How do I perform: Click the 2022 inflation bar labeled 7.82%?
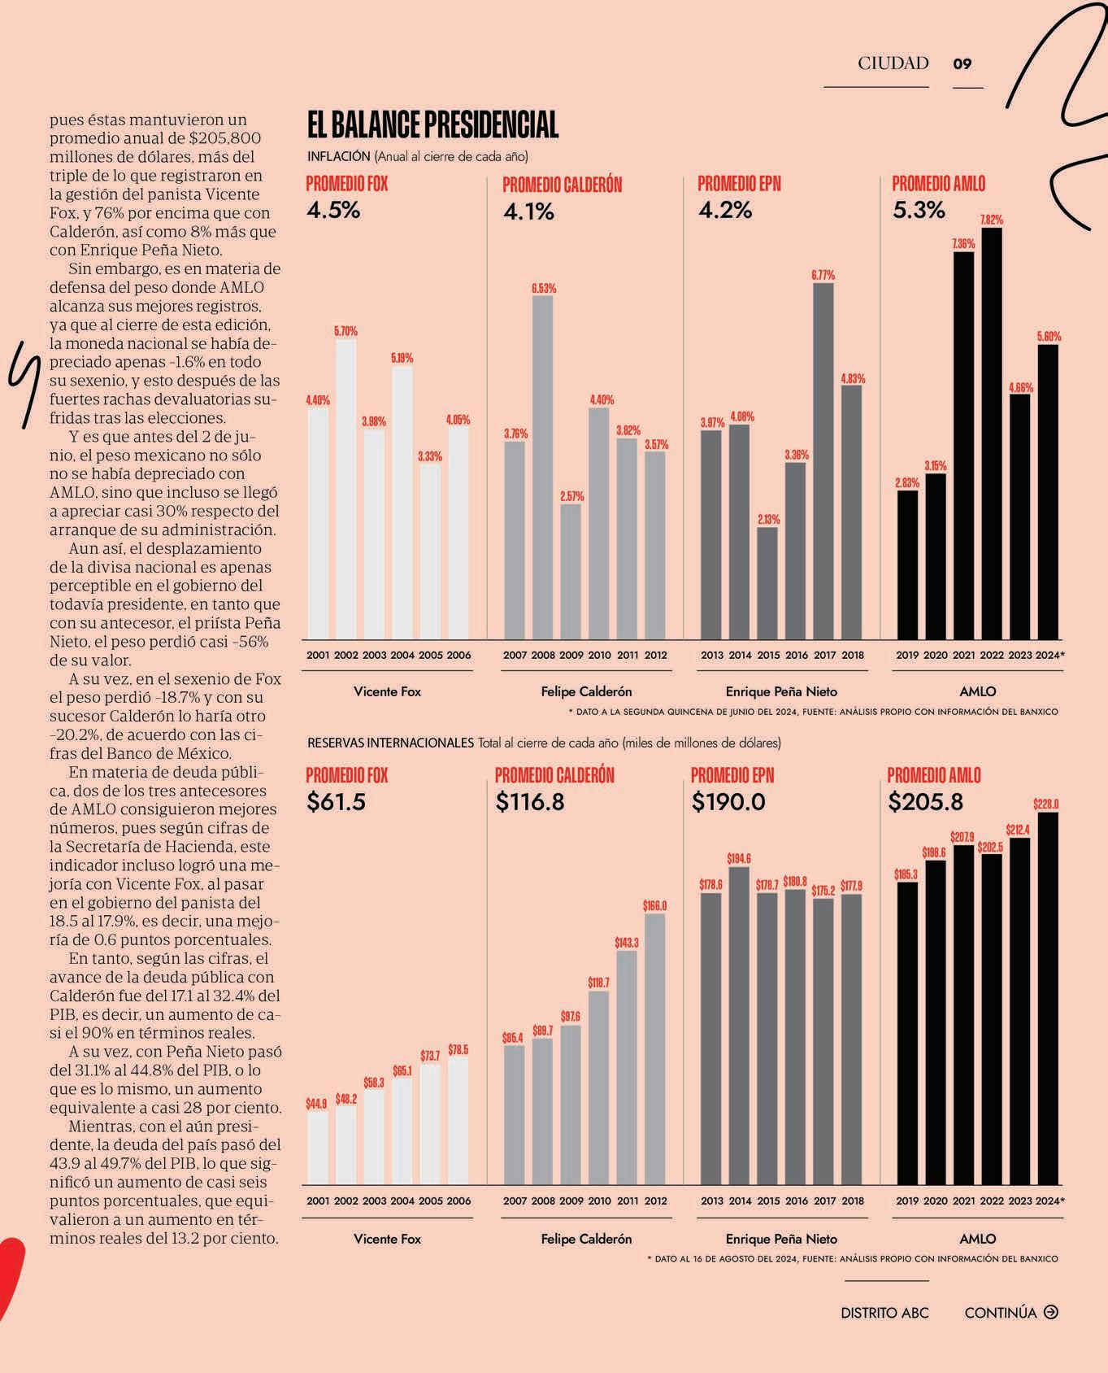coord(992,434)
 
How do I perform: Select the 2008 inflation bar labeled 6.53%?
coord(543,468)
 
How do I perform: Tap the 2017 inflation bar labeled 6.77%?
coord(823,461)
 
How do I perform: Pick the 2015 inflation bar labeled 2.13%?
coord(767,583)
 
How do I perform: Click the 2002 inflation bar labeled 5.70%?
coord(345,490)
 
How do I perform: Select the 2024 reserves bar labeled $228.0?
coord(1049,999)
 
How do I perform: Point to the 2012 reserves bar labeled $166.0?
coord(655,1049)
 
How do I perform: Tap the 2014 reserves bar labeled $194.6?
coord(740,1026)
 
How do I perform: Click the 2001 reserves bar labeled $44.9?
coord(318,1149)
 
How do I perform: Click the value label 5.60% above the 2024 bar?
coord(1049,337)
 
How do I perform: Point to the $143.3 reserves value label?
coord(627,942)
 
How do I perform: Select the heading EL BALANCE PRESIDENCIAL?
coord(432,125)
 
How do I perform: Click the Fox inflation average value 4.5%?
coord(333,210)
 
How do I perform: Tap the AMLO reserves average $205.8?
coord(925,802)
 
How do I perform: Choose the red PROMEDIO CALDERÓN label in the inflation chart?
coord(563,185)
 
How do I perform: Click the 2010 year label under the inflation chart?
coord(599,655)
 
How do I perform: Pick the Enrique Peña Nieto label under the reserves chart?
coord(781,1239)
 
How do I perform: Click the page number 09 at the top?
coord(962,63)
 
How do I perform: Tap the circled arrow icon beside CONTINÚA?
coord(1051,1312)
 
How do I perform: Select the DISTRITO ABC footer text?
coord(884,1313)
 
